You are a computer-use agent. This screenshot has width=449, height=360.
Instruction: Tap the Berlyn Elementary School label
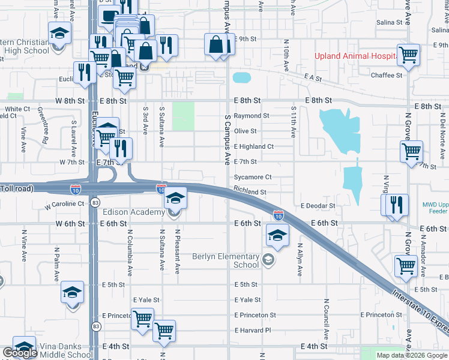[226, 260]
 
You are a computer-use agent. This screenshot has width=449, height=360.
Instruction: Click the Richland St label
[250, 193]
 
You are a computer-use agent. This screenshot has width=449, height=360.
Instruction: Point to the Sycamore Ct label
[253, 177]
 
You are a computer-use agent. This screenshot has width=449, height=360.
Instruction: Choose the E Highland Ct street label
[254, 146]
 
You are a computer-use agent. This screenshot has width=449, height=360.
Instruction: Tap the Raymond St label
[252, 116]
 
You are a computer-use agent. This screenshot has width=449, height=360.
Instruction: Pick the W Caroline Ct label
[64, 205]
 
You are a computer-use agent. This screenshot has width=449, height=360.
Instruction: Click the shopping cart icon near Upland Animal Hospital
[409, 55]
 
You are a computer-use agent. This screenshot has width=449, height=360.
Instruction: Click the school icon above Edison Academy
[175, 197]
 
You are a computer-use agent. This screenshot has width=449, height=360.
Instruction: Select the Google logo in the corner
[19, 353]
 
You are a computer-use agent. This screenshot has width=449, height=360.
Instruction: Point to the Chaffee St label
[387, 76]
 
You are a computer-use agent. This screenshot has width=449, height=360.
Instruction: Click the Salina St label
[390, 22]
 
